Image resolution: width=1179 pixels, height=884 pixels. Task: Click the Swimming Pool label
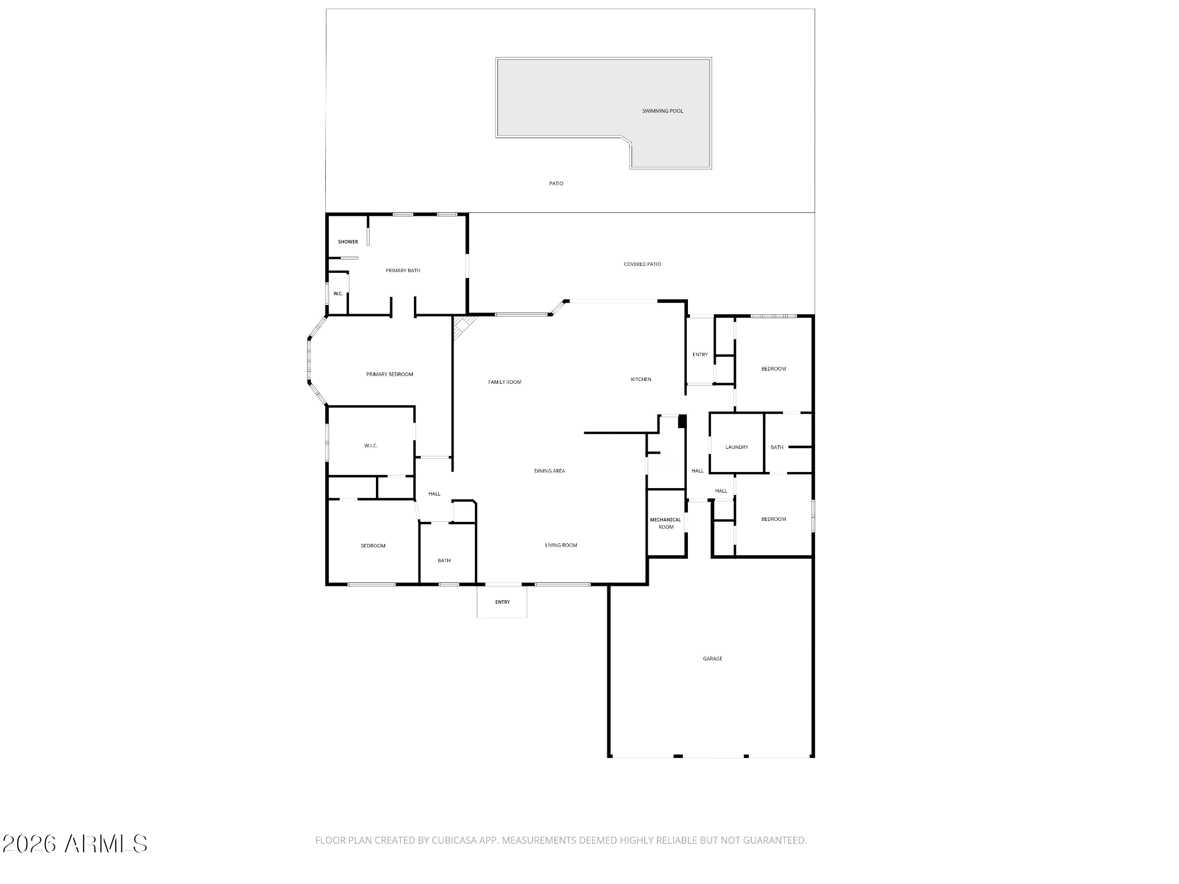coord(662,111)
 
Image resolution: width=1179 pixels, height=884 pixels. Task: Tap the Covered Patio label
coord(642,264)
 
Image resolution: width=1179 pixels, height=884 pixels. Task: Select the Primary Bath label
coord(402,270)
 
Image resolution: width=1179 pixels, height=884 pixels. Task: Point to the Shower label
coord(348,242)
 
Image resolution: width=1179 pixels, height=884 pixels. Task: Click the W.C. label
coord(338,294)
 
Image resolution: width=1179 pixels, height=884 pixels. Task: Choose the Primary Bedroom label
coord(389,375)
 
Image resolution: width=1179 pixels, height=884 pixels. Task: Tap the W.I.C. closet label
coord(371,446)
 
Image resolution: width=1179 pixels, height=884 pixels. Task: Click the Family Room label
coord(504,382)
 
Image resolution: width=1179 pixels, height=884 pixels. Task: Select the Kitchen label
coord(641,379)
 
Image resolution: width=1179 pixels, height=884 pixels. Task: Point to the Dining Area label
coord(549,471)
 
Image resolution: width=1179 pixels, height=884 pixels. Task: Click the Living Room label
coord(561,545)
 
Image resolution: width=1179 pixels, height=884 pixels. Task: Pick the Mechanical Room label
coord(665,523)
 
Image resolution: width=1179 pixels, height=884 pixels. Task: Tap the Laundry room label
coord(736,447)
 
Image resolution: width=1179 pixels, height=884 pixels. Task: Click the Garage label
coord(712,658)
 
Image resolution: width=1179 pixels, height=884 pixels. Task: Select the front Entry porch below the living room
coord(502,602)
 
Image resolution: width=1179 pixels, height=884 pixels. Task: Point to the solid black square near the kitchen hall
coord(682,421)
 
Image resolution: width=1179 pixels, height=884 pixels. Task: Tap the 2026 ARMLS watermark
coord(75,844)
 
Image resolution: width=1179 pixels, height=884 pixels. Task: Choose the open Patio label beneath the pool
coord(556,184)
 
